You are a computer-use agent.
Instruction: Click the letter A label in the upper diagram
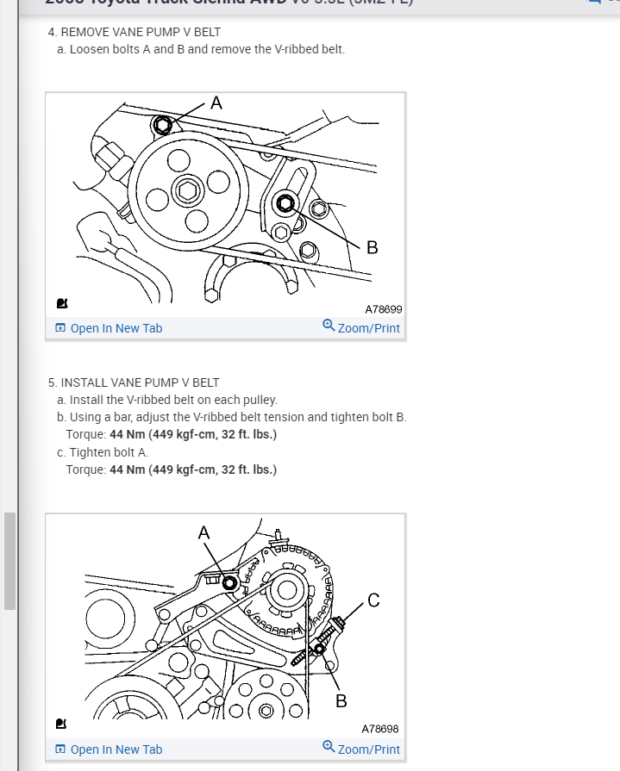coord(216,103)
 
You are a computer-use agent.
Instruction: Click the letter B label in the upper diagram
coord(372,248)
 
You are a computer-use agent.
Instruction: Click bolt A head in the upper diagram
coord(162,126)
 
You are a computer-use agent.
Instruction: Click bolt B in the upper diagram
coord(285,203)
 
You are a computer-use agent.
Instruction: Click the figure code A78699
coord(383,308)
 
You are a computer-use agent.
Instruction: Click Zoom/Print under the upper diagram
coord(361,328)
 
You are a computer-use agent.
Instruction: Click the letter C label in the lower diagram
coord(373,600)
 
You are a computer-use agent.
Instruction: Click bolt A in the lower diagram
coord(229,582)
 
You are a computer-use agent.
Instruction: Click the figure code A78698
coord(379,729)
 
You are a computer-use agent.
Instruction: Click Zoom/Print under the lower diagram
coord(361,749)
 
